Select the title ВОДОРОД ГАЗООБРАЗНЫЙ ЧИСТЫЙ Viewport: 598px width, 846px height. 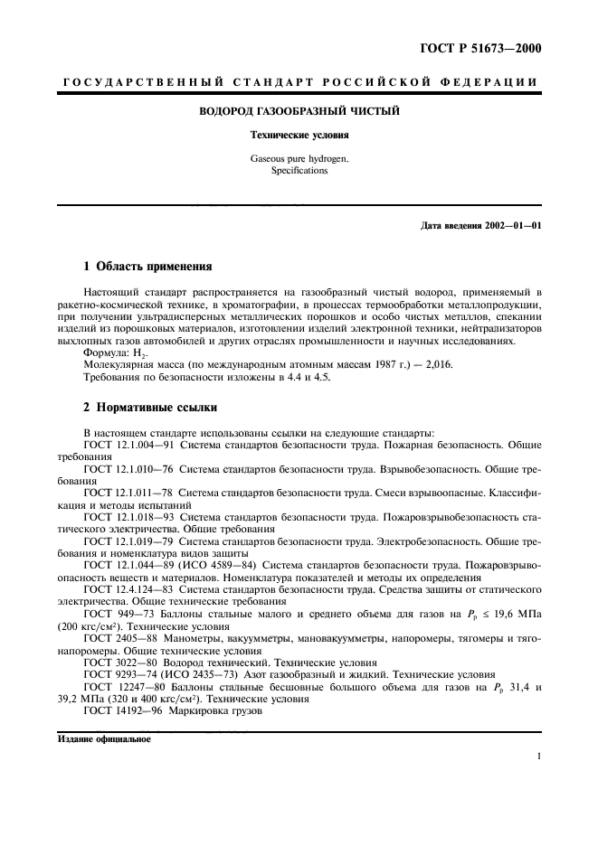coord(299,112)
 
